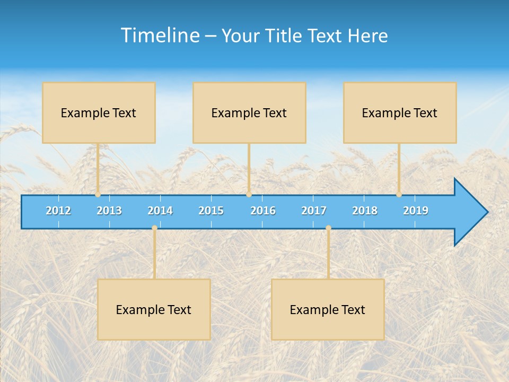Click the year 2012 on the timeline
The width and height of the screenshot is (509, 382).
coord(58,211)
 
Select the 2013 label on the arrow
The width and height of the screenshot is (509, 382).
coord(109,211)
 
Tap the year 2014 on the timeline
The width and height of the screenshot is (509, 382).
coord(160,211)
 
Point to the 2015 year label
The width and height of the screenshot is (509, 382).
coord(211,211)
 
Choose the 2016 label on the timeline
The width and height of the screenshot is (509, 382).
coord(263,211)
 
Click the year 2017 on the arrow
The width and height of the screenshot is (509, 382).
coord(314,211)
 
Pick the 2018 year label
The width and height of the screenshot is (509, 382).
coord(365,211)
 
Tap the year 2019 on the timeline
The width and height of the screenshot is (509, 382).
coord(416,211)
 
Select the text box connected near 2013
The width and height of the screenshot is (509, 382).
coord(99,112)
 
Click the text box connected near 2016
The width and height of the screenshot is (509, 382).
coord(249,112)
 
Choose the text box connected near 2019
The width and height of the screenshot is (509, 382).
coord(400,112)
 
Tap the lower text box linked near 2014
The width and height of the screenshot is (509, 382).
coord(154,309)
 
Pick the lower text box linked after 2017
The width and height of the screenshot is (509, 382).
coord(328,309)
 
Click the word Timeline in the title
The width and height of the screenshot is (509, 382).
coord(160,36)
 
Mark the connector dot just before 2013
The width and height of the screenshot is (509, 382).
coord(98,195)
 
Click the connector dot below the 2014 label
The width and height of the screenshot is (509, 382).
coord(154,228)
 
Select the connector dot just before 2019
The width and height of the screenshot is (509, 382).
coord(399,195)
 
